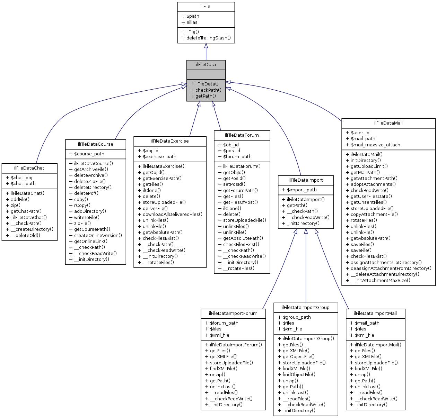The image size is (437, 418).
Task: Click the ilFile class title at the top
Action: click(206, 7)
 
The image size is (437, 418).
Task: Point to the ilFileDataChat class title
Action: click(29, 168)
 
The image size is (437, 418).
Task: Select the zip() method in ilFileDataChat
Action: click(16, 206)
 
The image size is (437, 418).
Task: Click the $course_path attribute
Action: click(89, 154)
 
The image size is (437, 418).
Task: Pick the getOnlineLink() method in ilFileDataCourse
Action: click(90, 242)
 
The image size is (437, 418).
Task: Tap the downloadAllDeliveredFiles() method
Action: click(172, 215)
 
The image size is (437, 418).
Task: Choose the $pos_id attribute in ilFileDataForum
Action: click(231, 151)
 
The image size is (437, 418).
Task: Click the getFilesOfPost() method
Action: click(240, 202)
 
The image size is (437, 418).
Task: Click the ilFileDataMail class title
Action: click(388, 123)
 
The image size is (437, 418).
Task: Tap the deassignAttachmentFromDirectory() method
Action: click(391, 269)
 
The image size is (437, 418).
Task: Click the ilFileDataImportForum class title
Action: click(233, 313)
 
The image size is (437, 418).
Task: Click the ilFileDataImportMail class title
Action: click(375, 313)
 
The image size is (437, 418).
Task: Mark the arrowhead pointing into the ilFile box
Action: click(206, 46)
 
